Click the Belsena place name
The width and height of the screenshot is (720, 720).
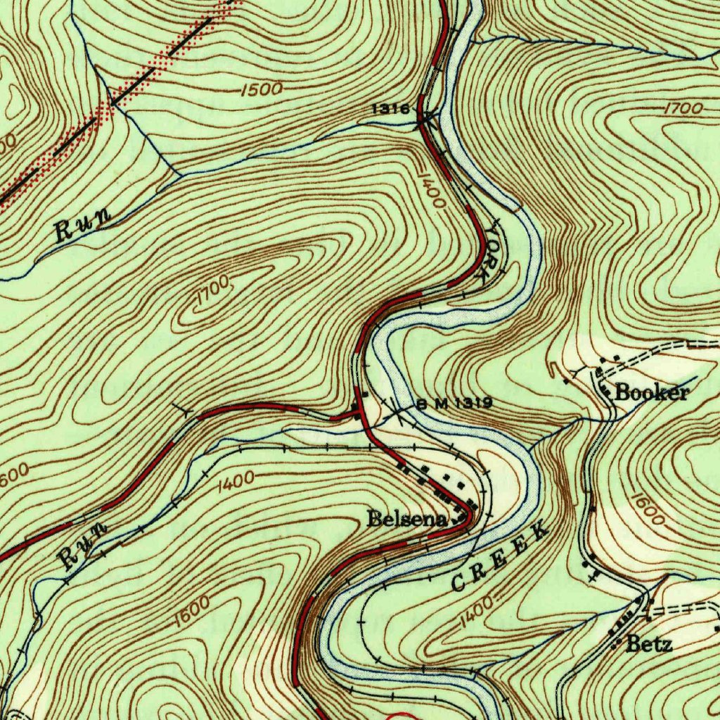point(407,520)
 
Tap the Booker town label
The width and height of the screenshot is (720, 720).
point(651,393)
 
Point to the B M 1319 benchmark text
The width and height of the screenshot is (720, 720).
point(454,404)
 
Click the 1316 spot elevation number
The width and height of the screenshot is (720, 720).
point(392,109)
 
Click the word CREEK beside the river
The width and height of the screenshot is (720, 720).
point(501,556)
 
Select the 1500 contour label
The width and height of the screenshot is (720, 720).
point(261,89)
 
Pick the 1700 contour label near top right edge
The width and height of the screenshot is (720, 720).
point(683,108)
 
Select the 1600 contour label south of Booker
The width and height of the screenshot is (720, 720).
point(648,508)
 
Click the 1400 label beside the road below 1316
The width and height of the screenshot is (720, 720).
point(430,190)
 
